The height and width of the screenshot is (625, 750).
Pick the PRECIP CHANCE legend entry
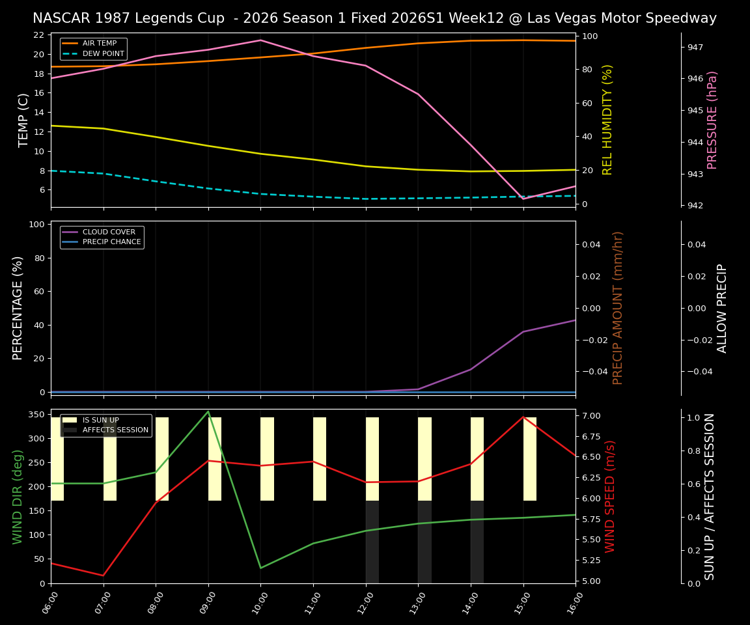[111, 242]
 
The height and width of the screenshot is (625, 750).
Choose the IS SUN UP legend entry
[100, 421]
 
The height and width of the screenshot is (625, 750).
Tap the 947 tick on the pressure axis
[695, 48]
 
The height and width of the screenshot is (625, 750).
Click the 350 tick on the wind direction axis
[36, 414]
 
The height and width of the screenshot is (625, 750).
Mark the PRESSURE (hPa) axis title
[712, 120]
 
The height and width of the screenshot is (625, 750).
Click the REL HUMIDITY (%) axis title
[607, 120]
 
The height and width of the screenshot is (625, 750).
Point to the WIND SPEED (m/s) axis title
[610, 496]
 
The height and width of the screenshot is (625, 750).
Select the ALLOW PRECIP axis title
[722, 308]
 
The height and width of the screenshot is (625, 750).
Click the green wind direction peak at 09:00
[208, 411]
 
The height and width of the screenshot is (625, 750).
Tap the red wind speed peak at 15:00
[523, 417]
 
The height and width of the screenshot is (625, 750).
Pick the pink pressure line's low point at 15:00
[523, 199]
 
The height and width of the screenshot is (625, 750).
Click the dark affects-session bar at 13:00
[424, 542]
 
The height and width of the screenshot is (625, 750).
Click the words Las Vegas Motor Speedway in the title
[621, 18]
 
